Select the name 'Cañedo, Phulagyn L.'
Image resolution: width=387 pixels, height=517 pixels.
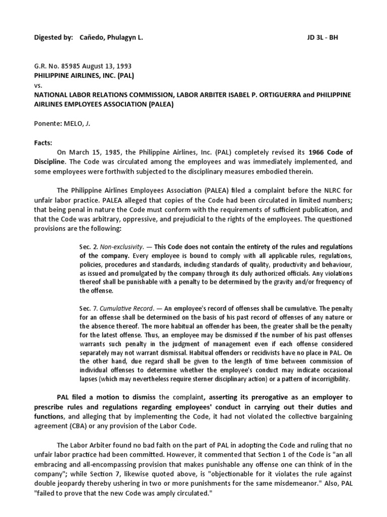(x=111, y=38)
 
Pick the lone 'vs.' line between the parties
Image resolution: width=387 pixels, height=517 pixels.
(x=39, y=85)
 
